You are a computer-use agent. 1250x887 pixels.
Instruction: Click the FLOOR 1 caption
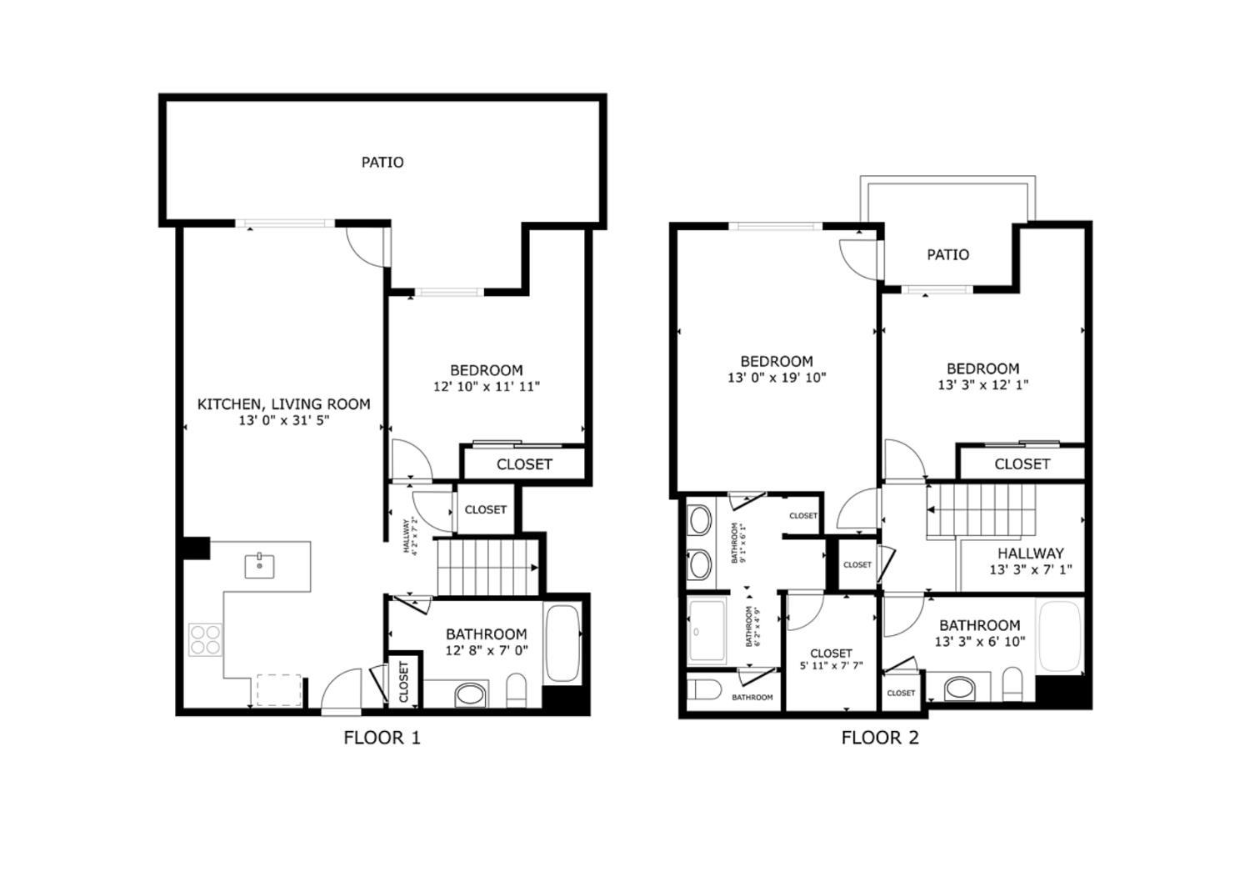coord(382,738)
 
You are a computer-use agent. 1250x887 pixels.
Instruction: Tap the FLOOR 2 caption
coord(879,738)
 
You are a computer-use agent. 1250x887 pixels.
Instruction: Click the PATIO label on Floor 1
coord(382,163)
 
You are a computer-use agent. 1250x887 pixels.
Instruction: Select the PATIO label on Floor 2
coord(947,255)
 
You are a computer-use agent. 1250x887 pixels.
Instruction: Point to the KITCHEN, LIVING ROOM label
coord(283,404)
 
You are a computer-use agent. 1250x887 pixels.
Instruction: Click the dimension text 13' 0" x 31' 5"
coord(283,421)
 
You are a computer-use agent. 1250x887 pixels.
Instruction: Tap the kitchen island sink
coord(260,565)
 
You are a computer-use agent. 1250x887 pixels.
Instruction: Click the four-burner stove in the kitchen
coord(205,639)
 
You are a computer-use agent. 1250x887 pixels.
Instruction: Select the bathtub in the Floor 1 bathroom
coord(563,644)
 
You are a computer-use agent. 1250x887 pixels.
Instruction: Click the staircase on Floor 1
coord(487,567)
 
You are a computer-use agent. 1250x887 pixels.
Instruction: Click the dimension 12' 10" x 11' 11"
coord(487,387)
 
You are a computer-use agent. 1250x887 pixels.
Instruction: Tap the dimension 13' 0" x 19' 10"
coord(777,378)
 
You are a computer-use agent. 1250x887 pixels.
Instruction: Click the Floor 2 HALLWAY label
coord(1031,554)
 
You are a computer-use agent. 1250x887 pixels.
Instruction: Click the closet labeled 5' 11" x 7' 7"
coord(831,659)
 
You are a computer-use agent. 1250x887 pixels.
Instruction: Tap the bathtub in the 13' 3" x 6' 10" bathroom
coord(1059,635)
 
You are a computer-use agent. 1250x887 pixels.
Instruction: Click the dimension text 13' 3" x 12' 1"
coord(982,385)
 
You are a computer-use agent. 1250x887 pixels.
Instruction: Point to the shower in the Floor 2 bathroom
coord(707,631)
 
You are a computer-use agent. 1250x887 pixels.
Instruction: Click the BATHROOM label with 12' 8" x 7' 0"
coord(487,634)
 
